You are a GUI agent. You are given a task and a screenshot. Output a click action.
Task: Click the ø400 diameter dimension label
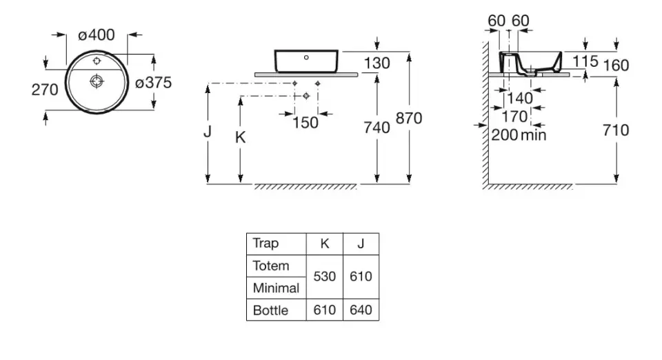pyautogui.click(x=97, y=35)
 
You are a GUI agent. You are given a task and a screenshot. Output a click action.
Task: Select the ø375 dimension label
pyautogui.click(x=153, y=82)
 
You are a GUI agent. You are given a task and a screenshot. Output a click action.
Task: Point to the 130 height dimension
pyautogui.click(x=377, y=63)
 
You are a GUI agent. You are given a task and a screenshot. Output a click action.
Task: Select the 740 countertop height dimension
pyautogui.click(x=377, y=127)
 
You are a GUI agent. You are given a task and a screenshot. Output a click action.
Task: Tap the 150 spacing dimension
pyautogui.click(x=305, y=123)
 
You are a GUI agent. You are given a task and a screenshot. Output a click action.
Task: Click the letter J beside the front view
pyautogui.click(x=207, y=131)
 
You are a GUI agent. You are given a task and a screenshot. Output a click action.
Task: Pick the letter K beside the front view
pyautogui.click(x=240, y=137)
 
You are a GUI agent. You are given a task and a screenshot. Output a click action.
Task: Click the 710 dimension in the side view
pyautogui.click(x=614, y=130)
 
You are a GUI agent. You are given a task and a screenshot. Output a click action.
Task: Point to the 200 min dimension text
pyautogui.click(x=519, y=134)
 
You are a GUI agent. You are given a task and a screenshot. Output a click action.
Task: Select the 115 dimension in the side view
pyautogui.click(x=585, y=61)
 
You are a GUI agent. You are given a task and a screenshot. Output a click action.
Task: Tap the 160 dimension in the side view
pyautogui.click(x=615, y=65)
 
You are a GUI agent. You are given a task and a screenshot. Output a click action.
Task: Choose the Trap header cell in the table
pyautogui.click(x=266, y=243)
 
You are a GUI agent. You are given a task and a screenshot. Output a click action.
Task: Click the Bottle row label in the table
pyautogui.click(x=271, y=310)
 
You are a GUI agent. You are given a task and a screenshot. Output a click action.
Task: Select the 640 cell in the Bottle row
pyautogui.click(x=361, y=310)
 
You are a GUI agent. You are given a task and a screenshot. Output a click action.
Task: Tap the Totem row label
pyautogui.click(x=271, y=266)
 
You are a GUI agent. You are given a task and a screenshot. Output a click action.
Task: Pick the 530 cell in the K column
pyautogui.click(x=324, y=277)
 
